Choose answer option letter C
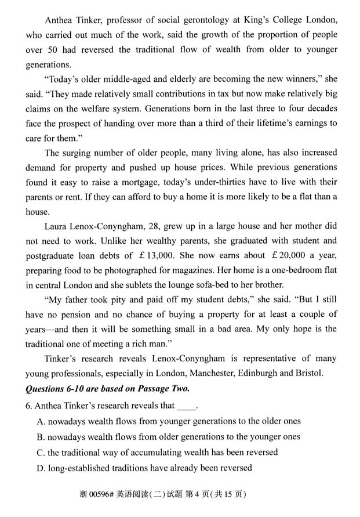pos(40,451)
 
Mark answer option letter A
pos(40,421)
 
